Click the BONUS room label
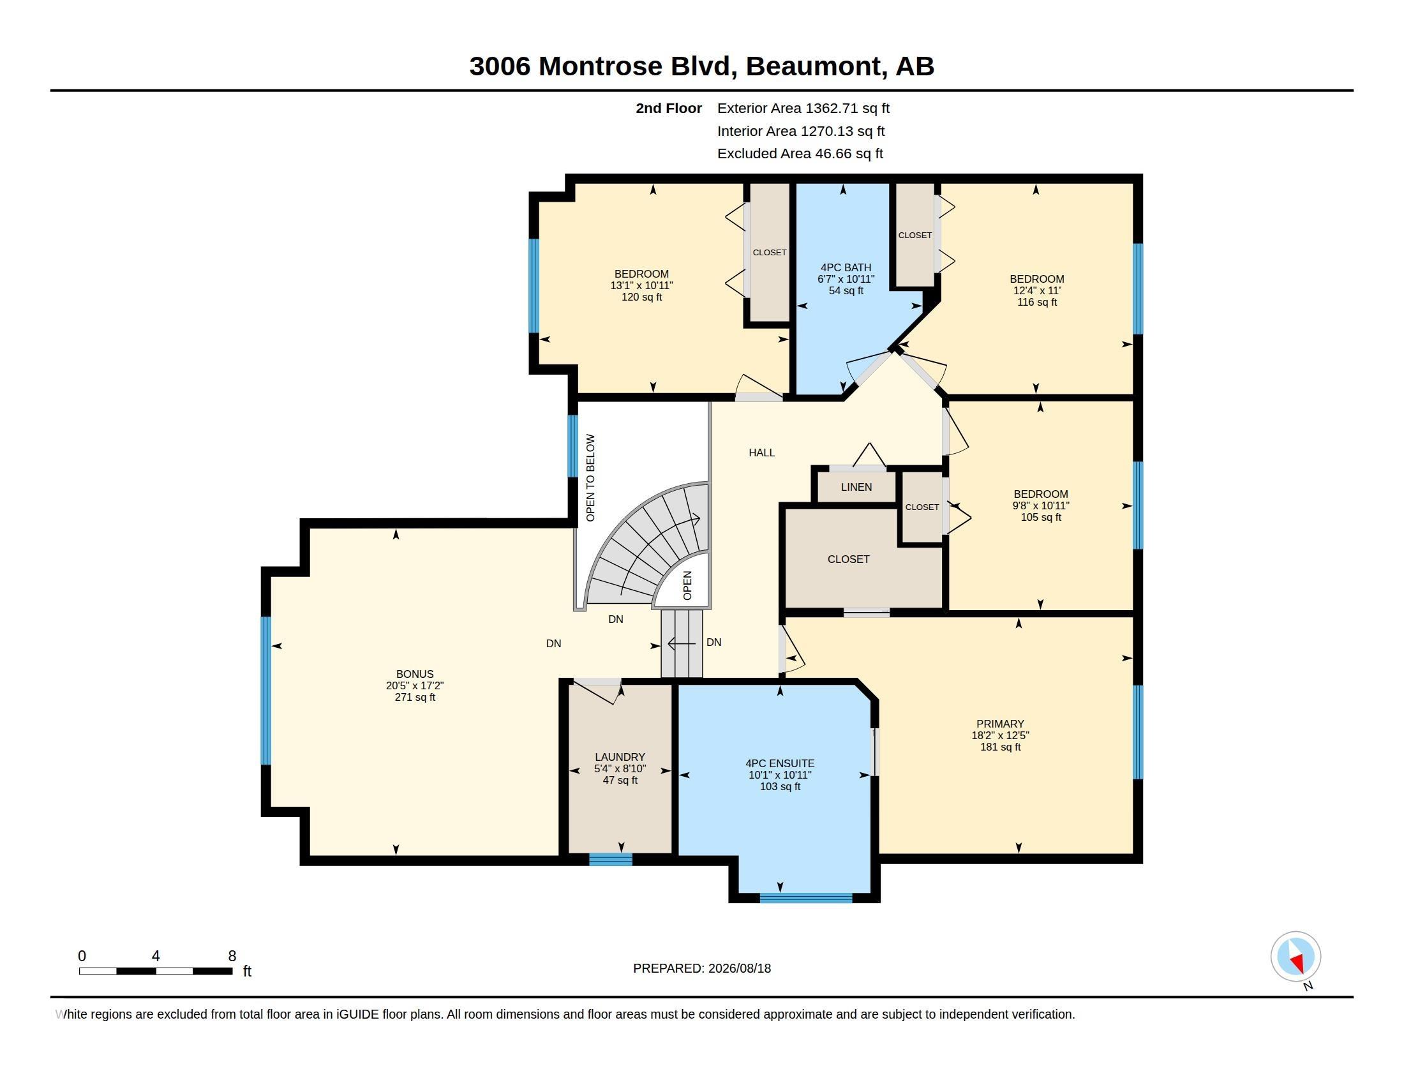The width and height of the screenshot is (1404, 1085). pos(415,674)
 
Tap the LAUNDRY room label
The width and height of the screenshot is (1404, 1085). pos(620,757)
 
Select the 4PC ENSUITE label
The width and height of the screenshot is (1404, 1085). pos(780,763)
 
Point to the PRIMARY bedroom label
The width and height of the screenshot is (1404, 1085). pos(999,724)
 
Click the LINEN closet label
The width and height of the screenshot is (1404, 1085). pos(856,487)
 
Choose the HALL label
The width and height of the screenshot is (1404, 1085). pos(762,453)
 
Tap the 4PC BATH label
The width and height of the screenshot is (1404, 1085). pos(846,267)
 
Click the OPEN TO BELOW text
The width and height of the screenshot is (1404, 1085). pos(590,477)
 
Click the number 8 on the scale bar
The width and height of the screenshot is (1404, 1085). pos(232,956)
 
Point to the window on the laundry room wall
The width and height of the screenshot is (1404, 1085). pos(611,860)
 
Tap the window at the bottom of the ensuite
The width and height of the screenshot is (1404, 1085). pos(805,898)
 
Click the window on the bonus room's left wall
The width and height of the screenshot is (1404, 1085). pos(266,691)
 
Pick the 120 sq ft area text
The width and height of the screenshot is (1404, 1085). pos(641,297)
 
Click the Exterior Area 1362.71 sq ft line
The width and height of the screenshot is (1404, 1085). pos(803,108)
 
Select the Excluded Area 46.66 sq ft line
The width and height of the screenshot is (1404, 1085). pos(800,154)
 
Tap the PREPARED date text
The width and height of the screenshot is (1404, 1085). pos(702,968)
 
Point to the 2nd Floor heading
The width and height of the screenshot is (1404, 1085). pos(669,108)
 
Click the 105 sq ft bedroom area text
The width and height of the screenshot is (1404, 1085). pos(1041,517)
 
